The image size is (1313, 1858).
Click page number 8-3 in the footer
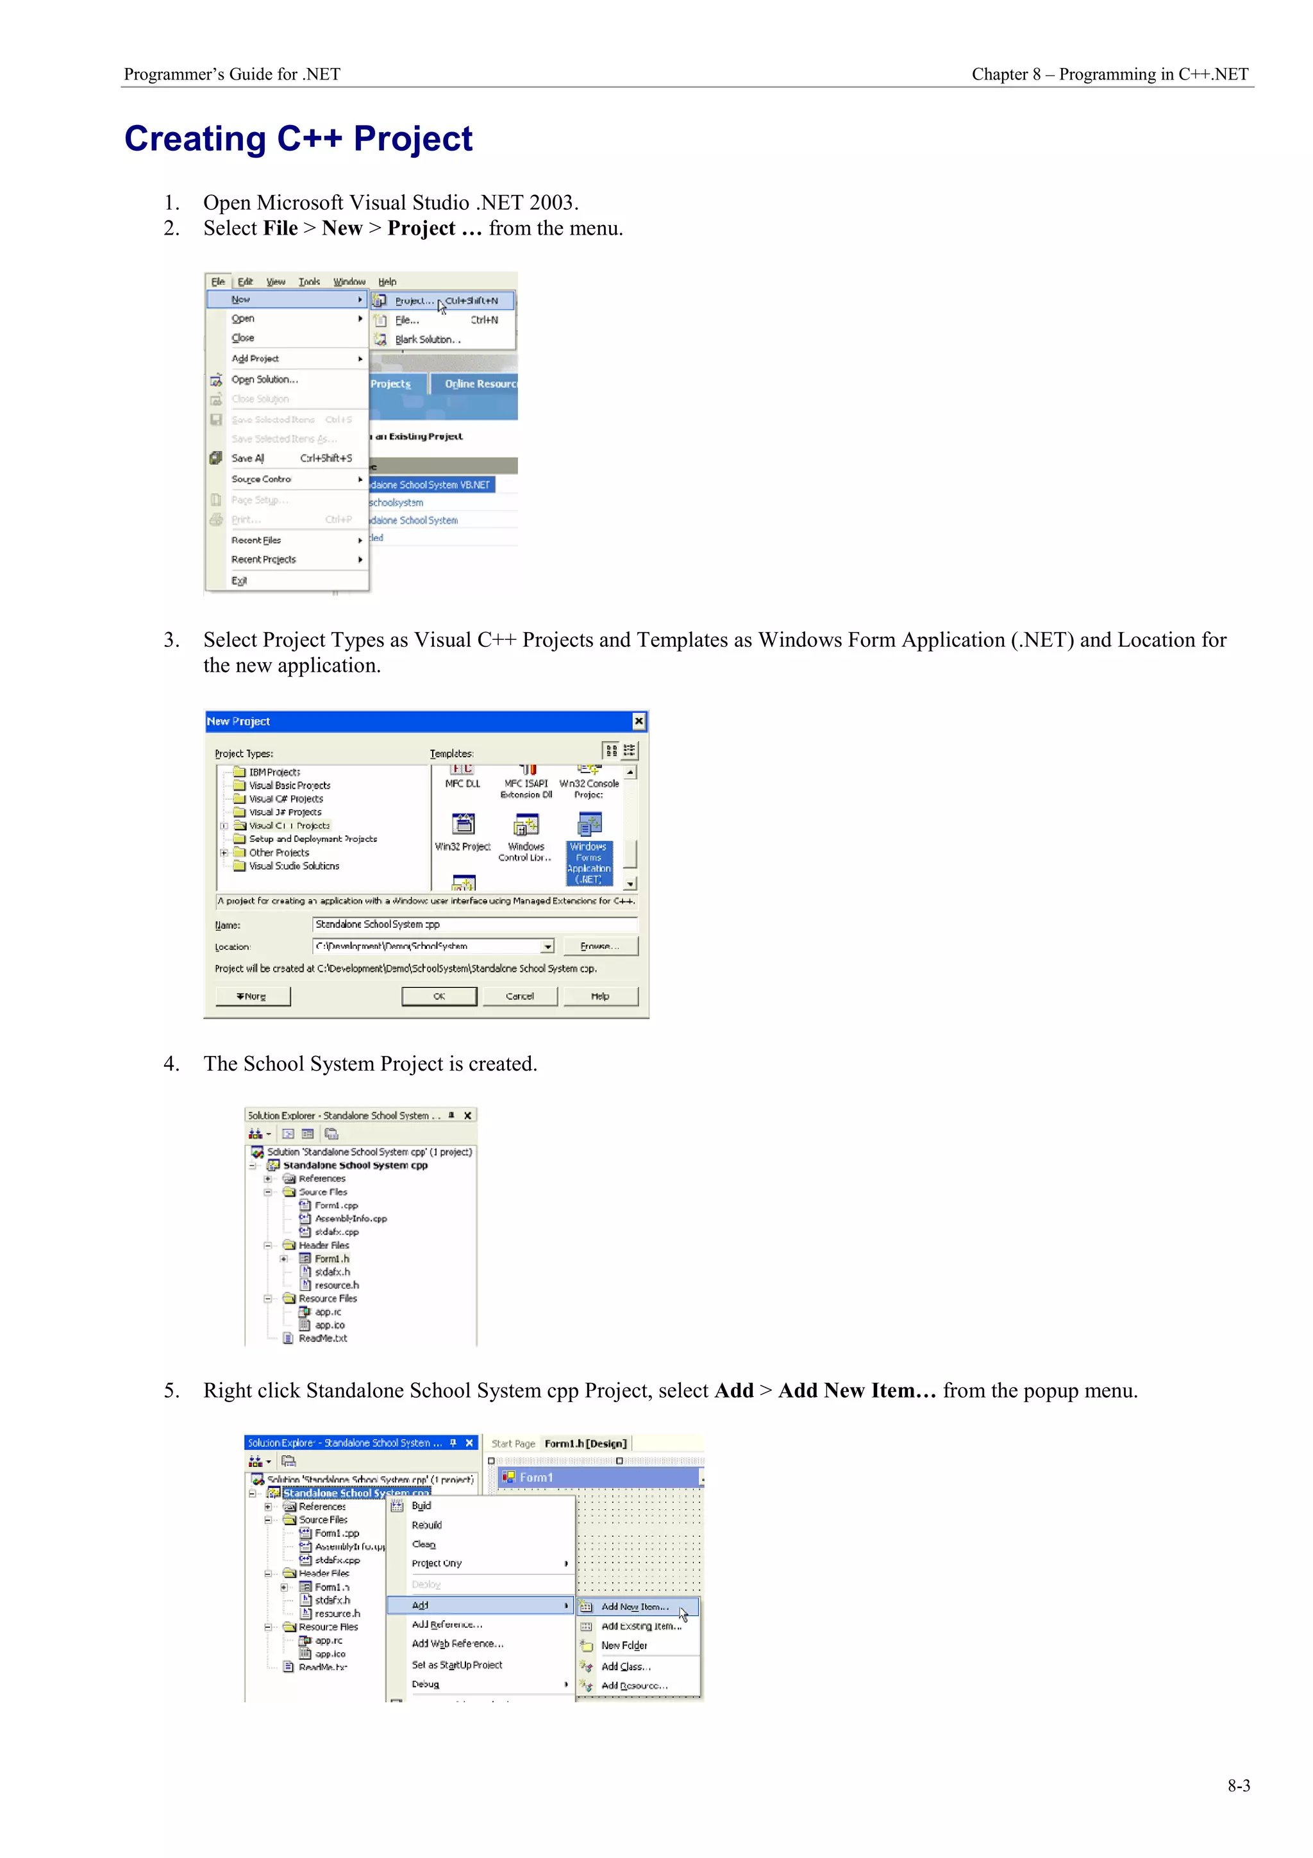[1238, 1785]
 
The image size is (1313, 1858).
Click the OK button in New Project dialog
[439, 996]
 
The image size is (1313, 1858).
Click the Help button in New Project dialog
[599, 996]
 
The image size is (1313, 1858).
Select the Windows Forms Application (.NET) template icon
[589, 825]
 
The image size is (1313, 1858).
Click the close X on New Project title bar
[639, 721]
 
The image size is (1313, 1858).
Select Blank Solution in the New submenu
[427, 340]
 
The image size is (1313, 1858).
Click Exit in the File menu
[240, 580]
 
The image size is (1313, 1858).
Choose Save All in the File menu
[247, 458]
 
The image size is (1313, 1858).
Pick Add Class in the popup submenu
[625, 1666]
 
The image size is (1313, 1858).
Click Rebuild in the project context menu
[426, 1525]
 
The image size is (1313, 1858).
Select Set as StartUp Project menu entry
[456, 1664]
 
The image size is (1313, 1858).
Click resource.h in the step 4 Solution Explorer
[337, 1285]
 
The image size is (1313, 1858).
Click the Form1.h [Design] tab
[585, 1444]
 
